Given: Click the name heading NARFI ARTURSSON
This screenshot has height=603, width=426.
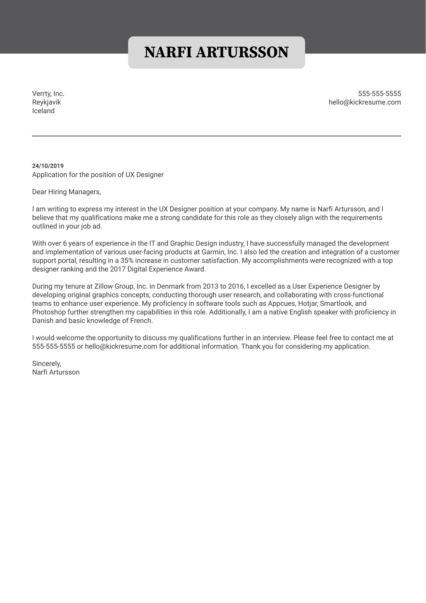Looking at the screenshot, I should coord(216,52).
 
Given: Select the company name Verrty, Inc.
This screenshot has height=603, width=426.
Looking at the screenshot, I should coord(48,94).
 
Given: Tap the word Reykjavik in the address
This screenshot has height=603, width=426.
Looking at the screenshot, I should coord(46,102).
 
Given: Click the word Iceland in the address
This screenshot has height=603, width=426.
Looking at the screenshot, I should coord(43,111).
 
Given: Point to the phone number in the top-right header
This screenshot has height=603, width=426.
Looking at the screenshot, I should coord(379,94).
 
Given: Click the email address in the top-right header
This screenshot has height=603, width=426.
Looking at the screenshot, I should coord(364,102).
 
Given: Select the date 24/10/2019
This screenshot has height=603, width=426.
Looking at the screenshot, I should coord(48,166).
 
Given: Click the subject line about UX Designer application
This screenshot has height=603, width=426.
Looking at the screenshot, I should coord(98,175).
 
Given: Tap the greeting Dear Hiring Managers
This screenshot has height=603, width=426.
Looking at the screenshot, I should coord(66,192).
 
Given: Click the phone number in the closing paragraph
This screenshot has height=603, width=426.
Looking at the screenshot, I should coord(54,347).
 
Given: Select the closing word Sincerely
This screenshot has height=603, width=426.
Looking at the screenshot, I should coord(46,364).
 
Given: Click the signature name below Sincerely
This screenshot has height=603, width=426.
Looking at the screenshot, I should coord(56,372).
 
